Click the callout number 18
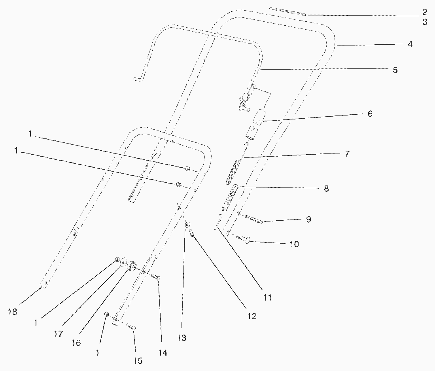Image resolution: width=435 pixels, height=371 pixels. pos(13,312)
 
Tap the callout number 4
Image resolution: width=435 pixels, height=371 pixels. pos(410,44)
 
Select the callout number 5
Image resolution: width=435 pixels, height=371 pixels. pos(395,70)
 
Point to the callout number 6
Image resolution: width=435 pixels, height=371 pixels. pos(370,114)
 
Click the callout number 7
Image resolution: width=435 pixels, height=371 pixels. pos(347,153)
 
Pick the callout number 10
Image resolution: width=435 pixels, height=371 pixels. pos(294,244)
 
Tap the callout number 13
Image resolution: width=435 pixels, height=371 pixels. pos(182,338)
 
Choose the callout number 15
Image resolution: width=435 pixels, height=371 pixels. pos(138,361)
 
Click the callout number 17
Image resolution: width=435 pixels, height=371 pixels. pos(59,333)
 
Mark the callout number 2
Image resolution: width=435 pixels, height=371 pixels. pos(424,12)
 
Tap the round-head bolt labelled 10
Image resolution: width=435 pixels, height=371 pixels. pos(242,238)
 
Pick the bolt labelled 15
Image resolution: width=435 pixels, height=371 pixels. pos(131,327)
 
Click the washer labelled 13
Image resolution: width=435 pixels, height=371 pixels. pos(187,225)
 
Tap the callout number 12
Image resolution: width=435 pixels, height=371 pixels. pos(252,316)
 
